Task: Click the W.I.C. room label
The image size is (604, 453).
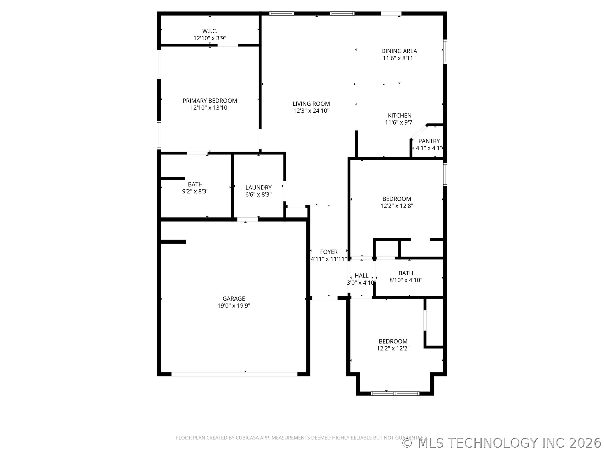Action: click(210, 31)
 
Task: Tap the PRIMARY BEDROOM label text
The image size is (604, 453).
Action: click(210, 101)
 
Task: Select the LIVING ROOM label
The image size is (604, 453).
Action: click(311, 104)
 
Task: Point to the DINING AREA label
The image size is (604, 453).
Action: click(399, 51)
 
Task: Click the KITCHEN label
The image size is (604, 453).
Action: click(400, 115)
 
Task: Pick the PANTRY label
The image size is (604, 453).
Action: click(429, 141)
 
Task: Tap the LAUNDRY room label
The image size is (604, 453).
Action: click(258, 187)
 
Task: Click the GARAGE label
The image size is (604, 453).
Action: click(234, 299)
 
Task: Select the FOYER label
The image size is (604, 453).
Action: click(329, 252)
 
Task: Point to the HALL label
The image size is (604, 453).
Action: click(361, 276)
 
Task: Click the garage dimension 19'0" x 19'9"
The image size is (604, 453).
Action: click(234, 306)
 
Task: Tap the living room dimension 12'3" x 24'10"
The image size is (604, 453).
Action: click(311, 111)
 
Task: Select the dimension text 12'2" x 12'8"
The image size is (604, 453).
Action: click(397, 206)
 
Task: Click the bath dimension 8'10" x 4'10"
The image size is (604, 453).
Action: click(406, 280)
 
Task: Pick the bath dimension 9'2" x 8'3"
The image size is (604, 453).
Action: click(195, 191)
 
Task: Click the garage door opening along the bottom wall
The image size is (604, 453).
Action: click(234, 374)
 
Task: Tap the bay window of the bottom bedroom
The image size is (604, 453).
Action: click(395, 393)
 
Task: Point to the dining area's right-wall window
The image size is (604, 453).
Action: click(445, 52)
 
